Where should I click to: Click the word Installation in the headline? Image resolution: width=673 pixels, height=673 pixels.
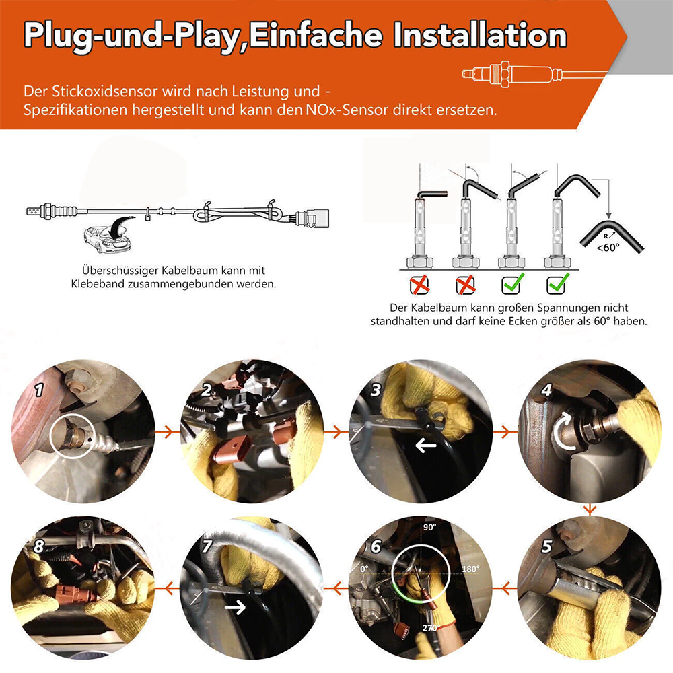480,36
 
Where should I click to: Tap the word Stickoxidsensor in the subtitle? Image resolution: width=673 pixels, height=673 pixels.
104,92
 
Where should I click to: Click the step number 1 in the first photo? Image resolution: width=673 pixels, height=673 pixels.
39,390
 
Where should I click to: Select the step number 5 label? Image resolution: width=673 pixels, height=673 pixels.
546,546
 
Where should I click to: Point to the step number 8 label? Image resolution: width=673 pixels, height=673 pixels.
38,546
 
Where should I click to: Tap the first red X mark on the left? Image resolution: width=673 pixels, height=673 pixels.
419,284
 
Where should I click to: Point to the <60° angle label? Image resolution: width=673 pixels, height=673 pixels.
608,248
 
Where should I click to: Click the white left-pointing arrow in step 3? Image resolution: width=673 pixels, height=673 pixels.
426,446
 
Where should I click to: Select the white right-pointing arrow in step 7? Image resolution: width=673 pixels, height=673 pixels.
235,606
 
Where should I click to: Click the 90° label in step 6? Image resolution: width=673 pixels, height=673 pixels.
429,527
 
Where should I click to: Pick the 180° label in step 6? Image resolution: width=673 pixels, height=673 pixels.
470,569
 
